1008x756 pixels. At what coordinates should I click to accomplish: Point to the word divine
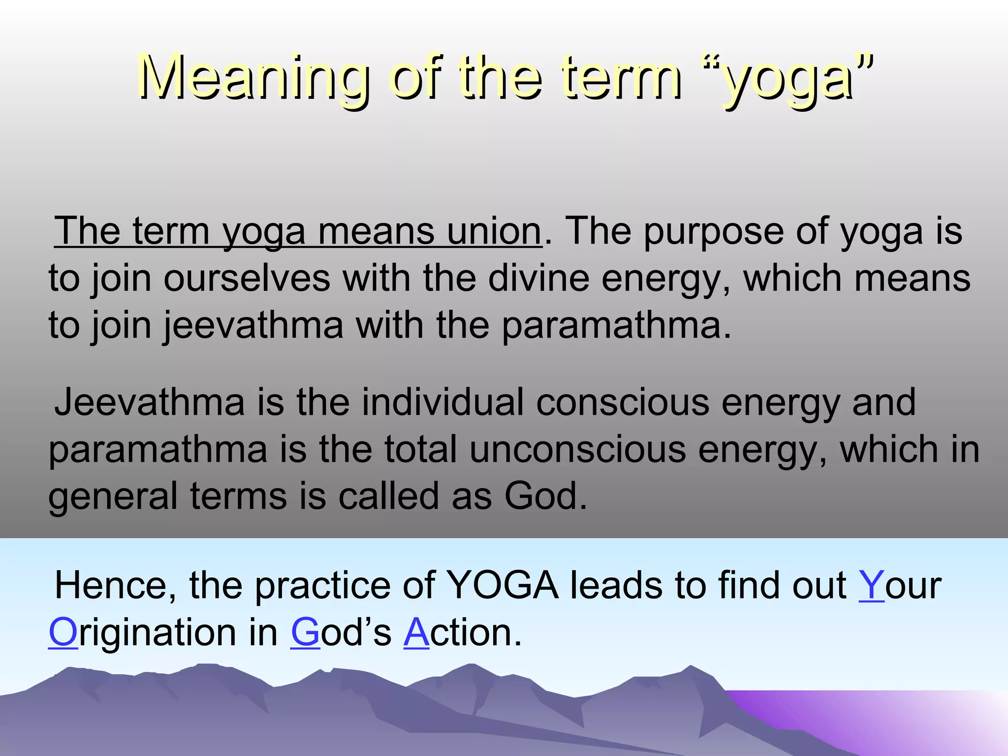coord(538,278)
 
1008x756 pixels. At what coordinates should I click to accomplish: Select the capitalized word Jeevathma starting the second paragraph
coord(150,402)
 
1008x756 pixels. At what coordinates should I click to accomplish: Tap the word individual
coord(443,402)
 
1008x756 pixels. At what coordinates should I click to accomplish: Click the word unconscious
coord(577,449)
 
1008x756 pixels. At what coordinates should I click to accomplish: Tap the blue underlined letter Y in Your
coord(871,586)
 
